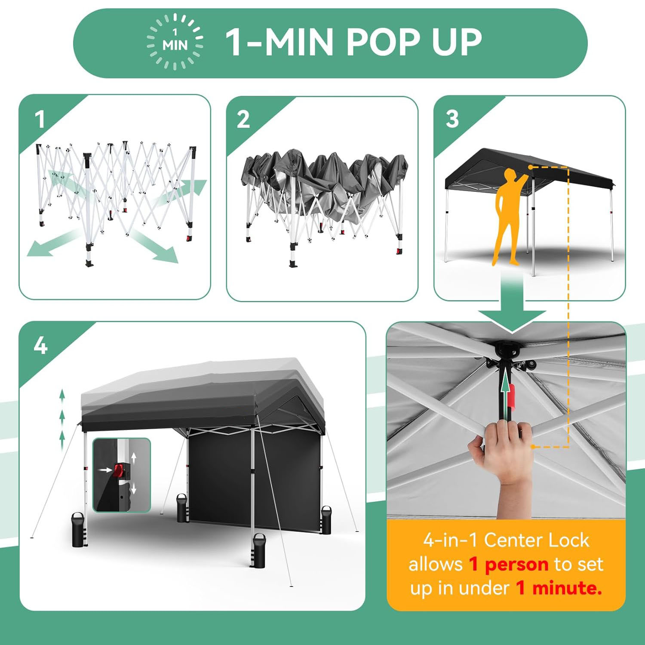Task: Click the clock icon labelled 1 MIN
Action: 175,42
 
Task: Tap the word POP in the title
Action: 382,42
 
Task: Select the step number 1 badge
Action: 40,120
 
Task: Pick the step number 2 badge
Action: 243,120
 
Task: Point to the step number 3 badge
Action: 452,119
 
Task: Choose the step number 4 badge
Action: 40,345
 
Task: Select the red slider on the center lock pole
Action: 512,396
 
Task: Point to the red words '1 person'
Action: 508,565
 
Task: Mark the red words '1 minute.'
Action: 559,587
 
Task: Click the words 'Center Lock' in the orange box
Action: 537,541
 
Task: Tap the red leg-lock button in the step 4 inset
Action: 118,470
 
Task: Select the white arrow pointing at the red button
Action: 104,470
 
